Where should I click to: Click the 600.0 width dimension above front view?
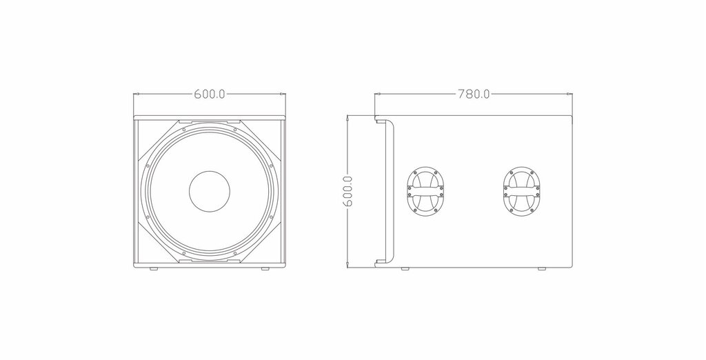(210, 94)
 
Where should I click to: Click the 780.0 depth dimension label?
(474, 94)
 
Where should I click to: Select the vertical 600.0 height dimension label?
(347, 191)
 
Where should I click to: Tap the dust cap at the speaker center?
(210, 190)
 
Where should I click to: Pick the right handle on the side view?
(521, 191)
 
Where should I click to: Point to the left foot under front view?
(154, 269)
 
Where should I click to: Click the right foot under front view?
(265, 269)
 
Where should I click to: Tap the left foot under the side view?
(405, 269)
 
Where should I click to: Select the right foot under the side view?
(541, 269)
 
